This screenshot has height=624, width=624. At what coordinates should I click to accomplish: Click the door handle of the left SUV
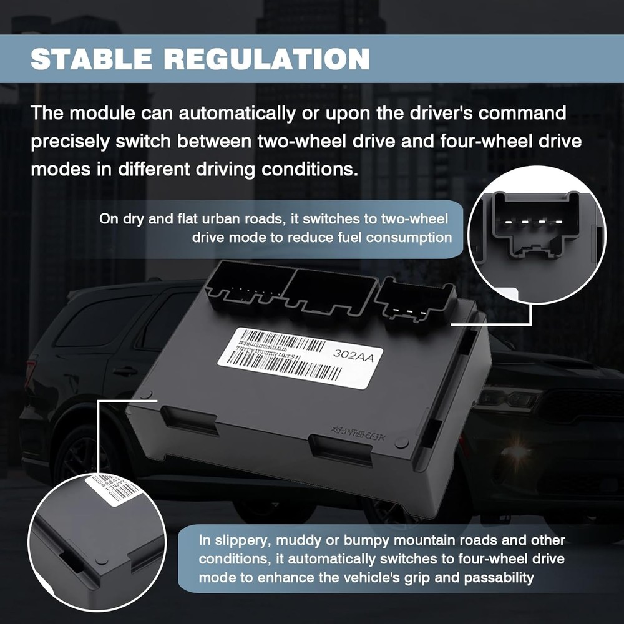point(125,371)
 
